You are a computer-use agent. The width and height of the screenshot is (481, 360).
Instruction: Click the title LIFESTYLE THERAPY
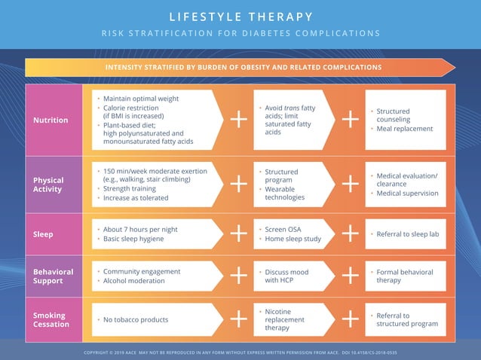(240, 17)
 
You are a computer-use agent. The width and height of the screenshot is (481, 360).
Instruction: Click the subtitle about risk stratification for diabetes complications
(240, 33)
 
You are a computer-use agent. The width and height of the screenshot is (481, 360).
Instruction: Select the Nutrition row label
(51, 120)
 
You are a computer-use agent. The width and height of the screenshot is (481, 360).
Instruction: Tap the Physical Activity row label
(48, 185)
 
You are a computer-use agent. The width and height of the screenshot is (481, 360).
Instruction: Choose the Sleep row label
(43, 234)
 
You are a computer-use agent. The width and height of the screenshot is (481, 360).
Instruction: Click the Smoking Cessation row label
(50, 320)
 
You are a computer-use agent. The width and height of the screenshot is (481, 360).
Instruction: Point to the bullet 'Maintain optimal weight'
(140, 99)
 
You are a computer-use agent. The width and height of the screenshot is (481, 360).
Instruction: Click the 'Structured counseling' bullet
(393, 115)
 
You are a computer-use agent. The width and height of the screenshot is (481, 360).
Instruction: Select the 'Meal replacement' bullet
(404, 129)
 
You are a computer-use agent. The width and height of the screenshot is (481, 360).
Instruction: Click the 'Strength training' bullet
(135, 188)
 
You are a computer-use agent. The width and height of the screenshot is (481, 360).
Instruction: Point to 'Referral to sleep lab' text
(407, 234)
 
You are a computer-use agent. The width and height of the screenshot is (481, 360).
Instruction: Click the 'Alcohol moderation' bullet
(133, 281)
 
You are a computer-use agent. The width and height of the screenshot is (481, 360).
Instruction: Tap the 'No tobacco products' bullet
(136, 320)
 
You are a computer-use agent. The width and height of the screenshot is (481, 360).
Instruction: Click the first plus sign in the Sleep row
(238, 234)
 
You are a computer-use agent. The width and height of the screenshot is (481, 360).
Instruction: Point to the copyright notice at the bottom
(240, 352)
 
